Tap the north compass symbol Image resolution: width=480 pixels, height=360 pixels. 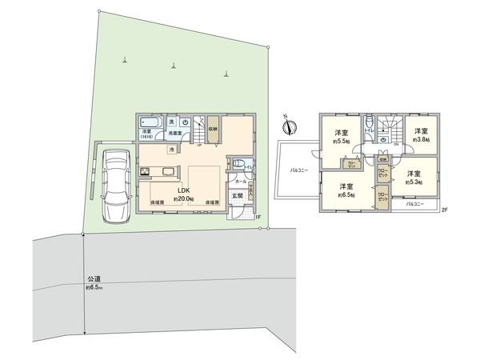click(290, 126)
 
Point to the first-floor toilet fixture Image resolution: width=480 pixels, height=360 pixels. click(238, 166)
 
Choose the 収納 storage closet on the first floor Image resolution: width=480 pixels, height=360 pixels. click(213, 128)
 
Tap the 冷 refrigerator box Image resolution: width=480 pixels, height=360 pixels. click(171, 149)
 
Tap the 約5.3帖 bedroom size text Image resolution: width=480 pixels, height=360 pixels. click(413, 182)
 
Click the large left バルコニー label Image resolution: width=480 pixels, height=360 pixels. click(298, 170)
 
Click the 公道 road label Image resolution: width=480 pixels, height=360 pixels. click(94, 279)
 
